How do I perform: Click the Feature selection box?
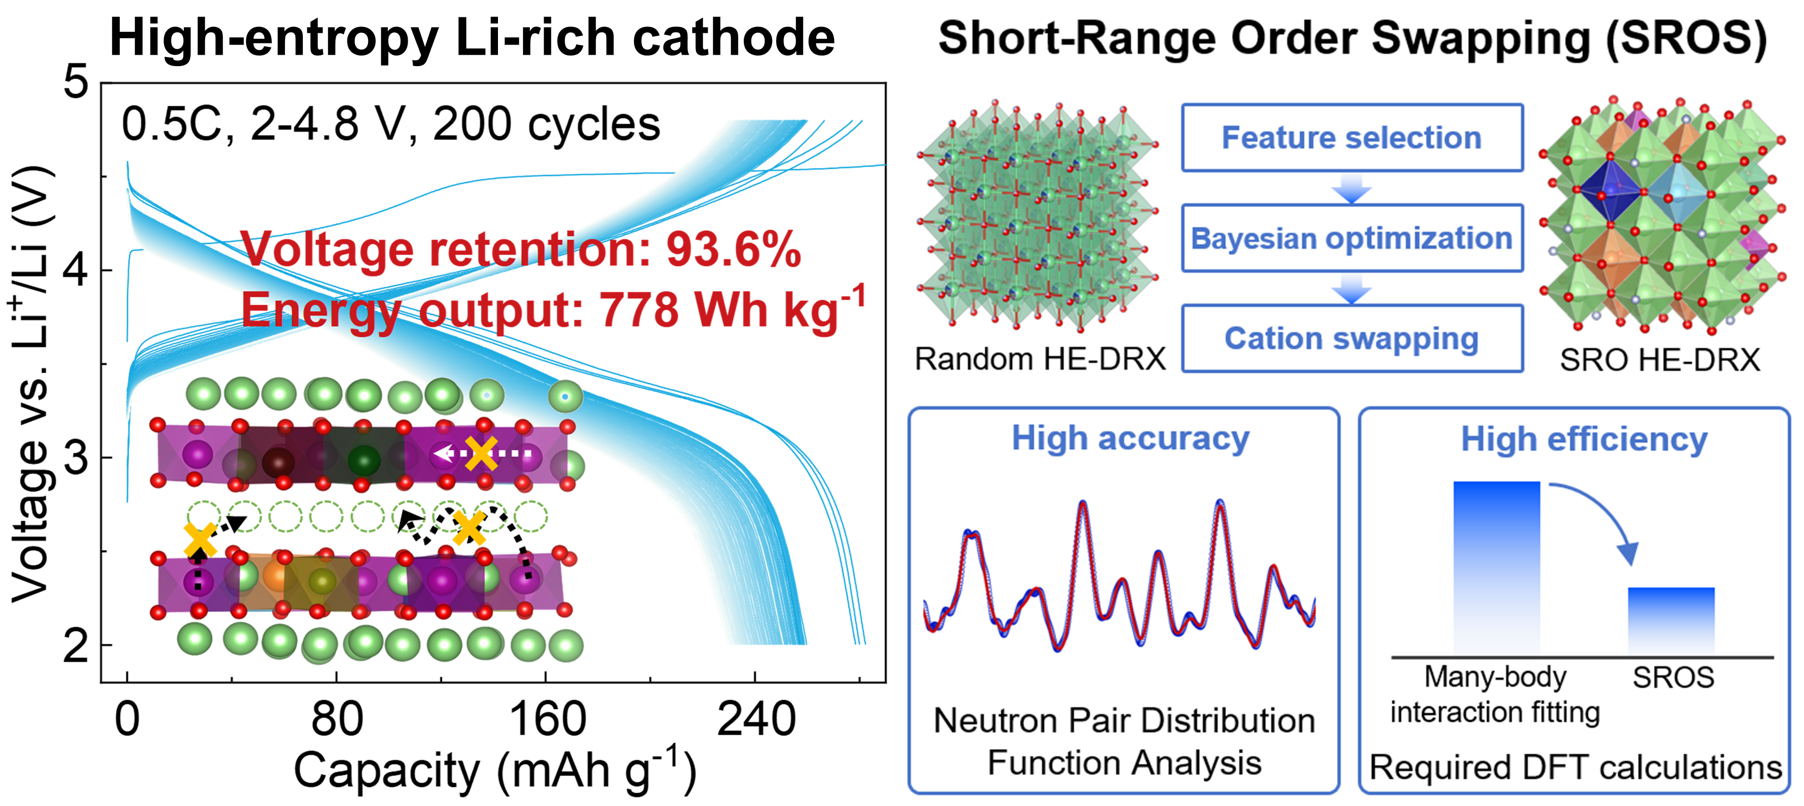(x=1352, y=138)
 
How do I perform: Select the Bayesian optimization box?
(x=1352, y=238)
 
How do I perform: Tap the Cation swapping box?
(x=1352, y=338)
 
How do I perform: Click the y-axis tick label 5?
(x=76, y=82)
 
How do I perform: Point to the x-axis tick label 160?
(x=547, y=720)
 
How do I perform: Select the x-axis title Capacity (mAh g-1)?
(x=494, y=770)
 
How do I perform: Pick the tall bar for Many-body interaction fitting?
(x=1497, y=567)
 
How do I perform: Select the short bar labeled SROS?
(x=1671, y=620)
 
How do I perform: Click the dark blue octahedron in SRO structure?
(x=1610, y=189)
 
